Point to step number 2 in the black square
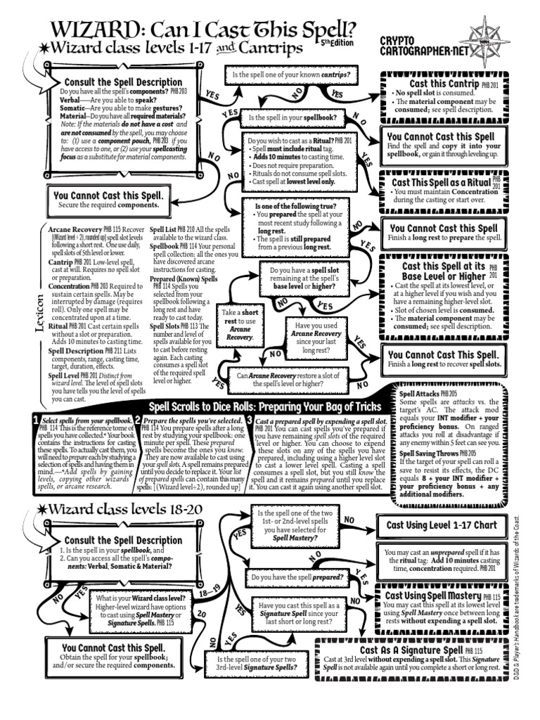[139, 420]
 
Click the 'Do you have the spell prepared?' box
[297, 577]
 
